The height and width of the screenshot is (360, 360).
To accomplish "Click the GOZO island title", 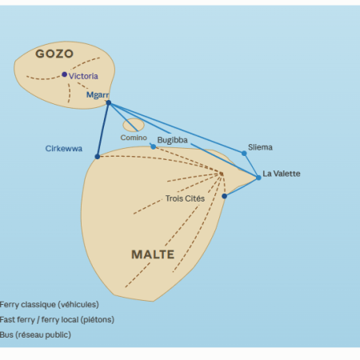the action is [x=54, y=54].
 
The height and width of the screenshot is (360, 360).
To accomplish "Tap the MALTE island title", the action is [x=153, y=254].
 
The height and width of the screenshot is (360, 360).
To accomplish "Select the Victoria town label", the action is [x=83, y=76].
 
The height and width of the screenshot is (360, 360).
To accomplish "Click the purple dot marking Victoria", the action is [x=64, y=74].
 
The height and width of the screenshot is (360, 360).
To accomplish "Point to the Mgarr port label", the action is [x=98, y=95].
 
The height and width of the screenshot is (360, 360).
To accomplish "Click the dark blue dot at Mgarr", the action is [x=109, y=102].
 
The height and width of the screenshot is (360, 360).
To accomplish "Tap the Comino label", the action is [x=134, y=138].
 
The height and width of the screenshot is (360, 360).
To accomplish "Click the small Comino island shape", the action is [x=134, y=125].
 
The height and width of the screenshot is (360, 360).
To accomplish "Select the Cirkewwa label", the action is [x=64, y=149].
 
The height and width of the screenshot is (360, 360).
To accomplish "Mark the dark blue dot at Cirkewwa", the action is [x=98, y=157].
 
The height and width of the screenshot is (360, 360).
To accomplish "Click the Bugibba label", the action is [x=172, y=140].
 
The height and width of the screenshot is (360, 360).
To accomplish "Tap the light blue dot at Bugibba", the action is [x=154, y=146].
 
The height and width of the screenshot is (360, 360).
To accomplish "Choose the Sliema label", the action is [x=260, y=147].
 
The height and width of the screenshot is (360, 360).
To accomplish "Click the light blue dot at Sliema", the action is [x=244, y=154].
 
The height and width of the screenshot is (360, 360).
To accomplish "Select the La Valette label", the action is [x=282, y=174].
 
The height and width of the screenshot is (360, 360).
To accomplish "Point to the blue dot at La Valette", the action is [x=258, y=178].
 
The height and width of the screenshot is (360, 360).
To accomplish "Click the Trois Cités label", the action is [x=185, y=198].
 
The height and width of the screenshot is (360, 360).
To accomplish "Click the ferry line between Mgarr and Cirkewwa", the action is [x=103, y=130].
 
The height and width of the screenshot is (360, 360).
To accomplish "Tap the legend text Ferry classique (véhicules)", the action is [x=50, y=305].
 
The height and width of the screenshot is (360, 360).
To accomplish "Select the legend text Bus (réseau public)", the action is [x=35, y=334].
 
